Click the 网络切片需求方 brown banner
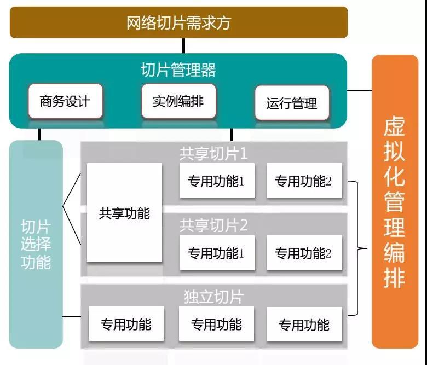[178, 23]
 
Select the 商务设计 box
[65, 102]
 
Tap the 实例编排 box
[178, 102]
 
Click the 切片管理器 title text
[178, 70]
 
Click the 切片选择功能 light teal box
[36, 244]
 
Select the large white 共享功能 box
[124, 213]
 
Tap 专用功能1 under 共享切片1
[216, 181]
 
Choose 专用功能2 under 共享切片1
[304, 181]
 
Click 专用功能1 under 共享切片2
[216, 253]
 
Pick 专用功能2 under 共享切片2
[304, 253]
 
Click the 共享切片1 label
[214, 154]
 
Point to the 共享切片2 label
[214, 225]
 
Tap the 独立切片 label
[214, 297]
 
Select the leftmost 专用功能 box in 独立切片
[125, 325]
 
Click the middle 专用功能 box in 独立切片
[216, 325]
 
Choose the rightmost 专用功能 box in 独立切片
[304, 325]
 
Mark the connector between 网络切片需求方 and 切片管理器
[183, 45]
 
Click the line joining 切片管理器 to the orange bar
[359, 91]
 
